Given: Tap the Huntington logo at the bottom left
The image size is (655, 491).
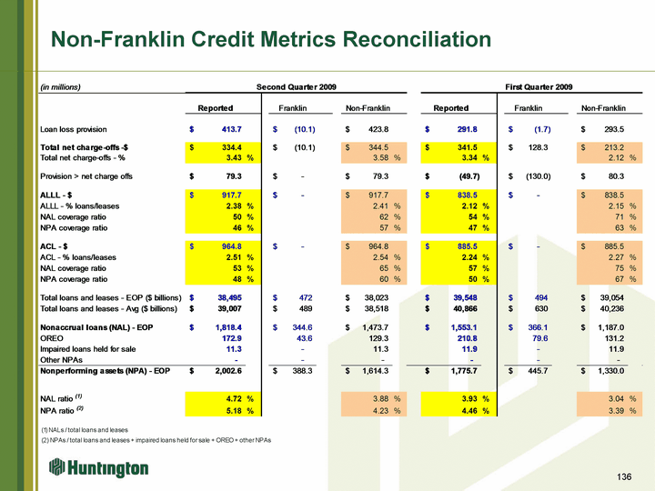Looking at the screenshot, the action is [98, 467].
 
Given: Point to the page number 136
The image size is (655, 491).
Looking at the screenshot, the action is [624, 476].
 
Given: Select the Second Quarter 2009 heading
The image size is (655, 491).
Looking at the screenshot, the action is [297, 87].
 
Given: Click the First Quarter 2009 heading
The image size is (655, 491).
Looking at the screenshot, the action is [539, 87].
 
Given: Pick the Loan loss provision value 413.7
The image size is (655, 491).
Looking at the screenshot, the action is [231, 129].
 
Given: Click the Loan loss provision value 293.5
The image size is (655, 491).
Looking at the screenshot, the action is [614, 129].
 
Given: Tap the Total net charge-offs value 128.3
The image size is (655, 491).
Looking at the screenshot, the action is [538, 147].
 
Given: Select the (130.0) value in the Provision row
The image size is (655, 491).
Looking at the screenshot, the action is [538, 176].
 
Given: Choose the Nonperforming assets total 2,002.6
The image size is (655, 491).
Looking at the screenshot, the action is [228, 371].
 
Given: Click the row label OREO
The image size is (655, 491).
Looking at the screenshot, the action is [52, 338].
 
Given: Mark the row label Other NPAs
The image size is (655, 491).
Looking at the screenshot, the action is [62, 360].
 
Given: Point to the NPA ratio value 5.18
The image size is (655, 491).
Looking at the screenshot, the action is [234, 411].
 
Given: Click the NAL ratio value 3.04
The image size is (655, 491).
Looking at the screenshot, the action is [616, 399].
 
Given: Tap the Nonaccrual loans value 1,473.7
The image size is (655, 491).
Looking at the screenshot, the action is [376, 327].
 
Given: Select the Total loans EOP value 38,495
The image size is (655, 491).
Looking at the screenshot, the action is [230, 297].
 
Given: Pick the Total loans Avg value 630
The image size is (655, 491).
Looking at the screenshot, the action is [541, 308].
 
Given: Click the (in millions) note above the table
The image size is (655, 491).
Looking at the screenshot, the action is [60, 87].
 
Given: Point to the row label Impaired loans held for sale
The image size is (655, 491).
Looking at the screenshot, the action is [87, 349].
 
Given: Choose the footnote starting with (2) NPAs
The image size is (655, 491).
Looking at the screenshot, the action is [156, 440].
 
